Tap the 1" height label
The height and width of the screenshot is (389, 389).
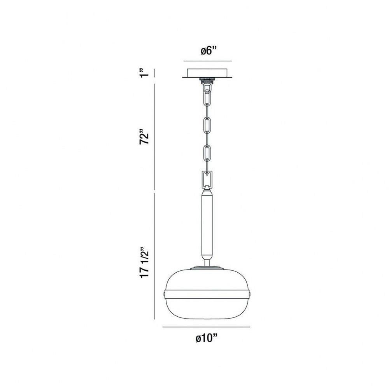(144, 72)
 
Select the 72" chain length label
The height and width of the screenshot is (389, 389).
(144, 136)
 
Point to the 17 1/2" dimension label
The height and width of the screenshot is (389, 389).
(144, 263)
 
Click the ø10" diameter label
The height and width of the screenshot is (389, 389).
(207, 338)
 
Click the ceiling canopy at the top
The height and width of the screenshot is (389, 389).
(207, 73)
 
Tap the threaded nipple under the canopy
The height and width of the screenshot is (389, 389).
(207, 81)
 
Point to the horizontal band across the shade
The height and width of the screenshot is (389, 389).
(207, 294)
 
